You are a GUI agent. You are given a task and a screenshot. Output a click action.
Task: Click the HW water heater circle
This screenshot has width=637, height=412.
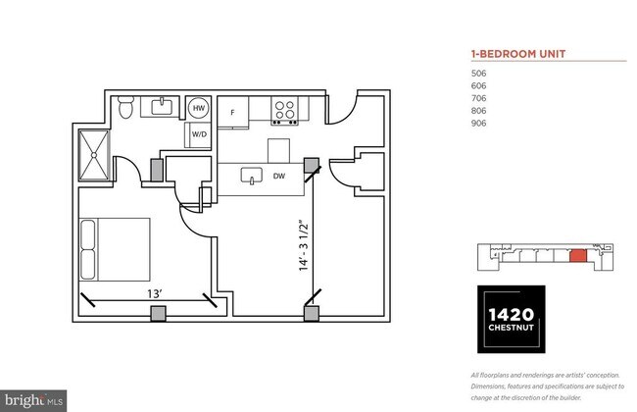click(x=198, y=108)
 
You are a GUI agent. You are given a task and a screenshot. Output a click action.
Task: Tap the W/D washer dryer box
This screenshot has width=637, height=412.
click(x=198, y=134)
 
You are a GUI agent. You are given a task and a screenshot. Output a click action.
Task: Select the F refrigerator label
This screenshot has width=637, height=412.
click(x=232, y=113)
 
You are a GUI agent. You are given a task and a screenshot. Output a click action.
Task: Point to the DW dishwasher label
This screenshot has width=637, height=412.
click(x=279, y=178)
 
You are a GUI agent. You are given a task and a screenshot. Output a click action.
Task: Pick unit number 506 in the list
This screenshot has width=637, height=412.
click(x=479, y=73)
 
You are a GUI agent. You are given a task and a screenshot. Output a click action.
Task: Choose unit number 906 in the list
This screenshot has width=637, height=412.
click(x=479, y=124)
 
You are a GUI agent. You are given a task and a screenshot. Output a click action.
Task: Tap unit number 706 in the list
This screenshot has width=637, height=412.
click(x=479, y=98)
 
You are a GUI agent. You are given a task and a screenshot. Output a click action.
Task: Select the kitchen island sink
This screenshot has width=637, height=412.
click(x=253, y=178)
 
